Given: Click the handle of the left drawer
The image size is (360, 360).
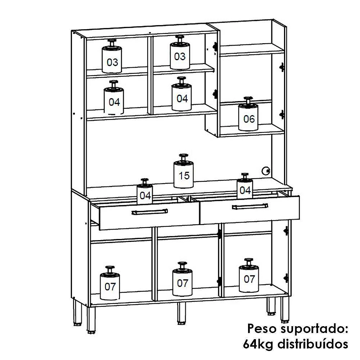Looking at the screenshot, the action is [x=150, y=212].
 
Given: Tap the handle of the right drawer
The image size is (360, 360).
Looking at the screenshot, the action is [x=250, y=206].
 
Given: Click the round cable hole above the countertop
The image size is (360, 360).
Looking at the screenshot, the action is [x=266, y=171].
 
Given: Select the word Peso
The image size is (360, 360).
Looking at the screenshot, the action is [x=262, y=329].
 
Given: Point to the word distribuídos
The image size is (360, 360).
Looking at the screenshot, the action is [x=313, y=344].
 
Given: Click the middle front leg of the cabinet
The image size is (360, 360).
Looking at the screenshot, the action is [x=181, y=313].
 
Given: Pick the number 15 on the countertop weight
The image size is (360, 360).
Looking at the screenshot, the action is [x=184, y=176].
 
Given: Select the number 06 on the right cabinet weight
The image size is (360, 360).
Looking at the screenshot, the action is [x=249, y=119].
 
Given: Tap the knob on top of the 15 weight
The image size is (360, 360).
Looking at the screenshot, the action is [x=184, y=157].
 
